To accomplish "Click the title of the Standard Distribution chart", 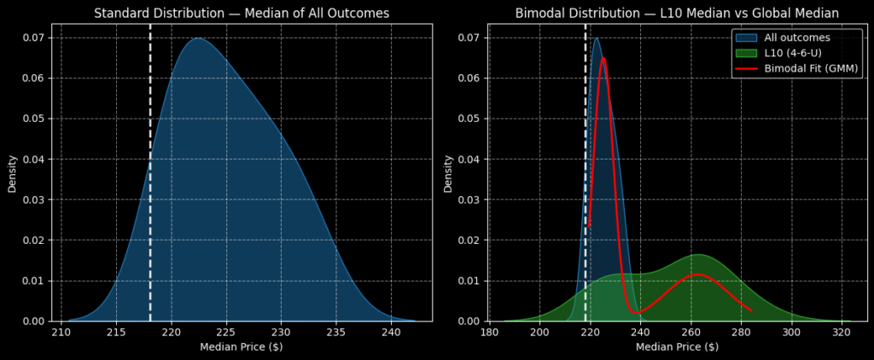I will click(x=242, y=13).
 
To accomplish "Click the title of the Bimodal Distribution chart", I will click(x=677, y=13).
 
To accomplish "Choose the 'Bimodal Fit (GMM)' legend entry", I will click(x=812, y=68).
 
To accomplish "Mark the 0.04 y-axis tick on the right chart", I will click(x=469, y=160).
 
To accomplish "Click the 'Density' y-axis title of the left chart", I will click(x=13, y=172).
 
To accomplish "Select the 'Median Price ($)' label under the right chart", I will click(x=677, y=346).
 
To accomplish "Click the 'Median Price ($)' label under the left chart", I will click(x=242, y=346).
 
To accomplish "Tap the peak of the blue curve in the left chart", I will click(x=197, y=38).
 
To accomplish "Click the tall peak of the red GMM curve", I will click(x=603, y=58).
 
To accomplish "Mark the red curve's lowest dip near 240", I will click(x=634, y=312).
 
